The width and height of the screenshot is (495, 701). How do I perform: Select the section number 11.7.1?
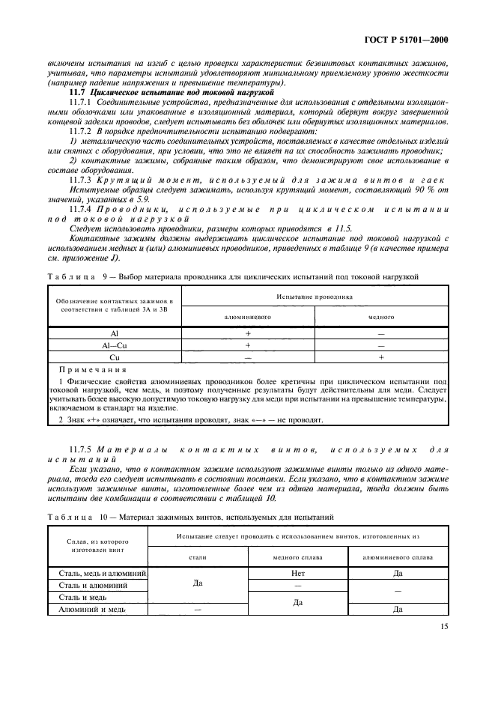pyautogui.click(x=80, y=100)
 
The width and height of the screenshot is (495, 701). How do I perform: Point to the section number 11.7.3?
pyautogui.click(x=80, y=180)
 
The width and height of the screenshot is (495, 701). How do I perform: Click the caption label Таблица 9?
pyautogui.click(x=71, y=277)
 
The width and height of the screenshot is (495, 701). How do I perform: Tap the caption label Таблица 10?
pyautogui.click(x=73, y=517)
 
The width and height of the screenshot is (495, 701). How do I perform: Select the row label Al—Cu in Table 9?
pyautogui.click(x=114, y=346)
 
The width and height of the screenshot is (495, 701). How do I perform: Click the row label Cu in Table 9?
pyautogui.click(x=114, y=358)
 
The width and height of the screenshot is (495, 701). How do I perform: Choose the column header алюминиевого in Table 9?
pyautogui.click(x=248, y=317)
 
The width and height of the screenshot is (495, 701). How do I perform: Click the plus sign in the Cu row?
pyautogui.click(x=381, y=358)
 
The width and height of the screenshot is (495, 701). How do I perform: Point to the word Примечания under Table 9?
pyautogui.click(x=91, y=370)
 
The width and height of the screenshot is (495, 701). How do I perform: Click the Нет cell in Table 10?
pyautogui.click(x=298, y=573)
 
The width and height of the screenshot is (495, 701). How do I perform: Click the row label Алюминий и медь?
pyautogui.click(x=92, y=609)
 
